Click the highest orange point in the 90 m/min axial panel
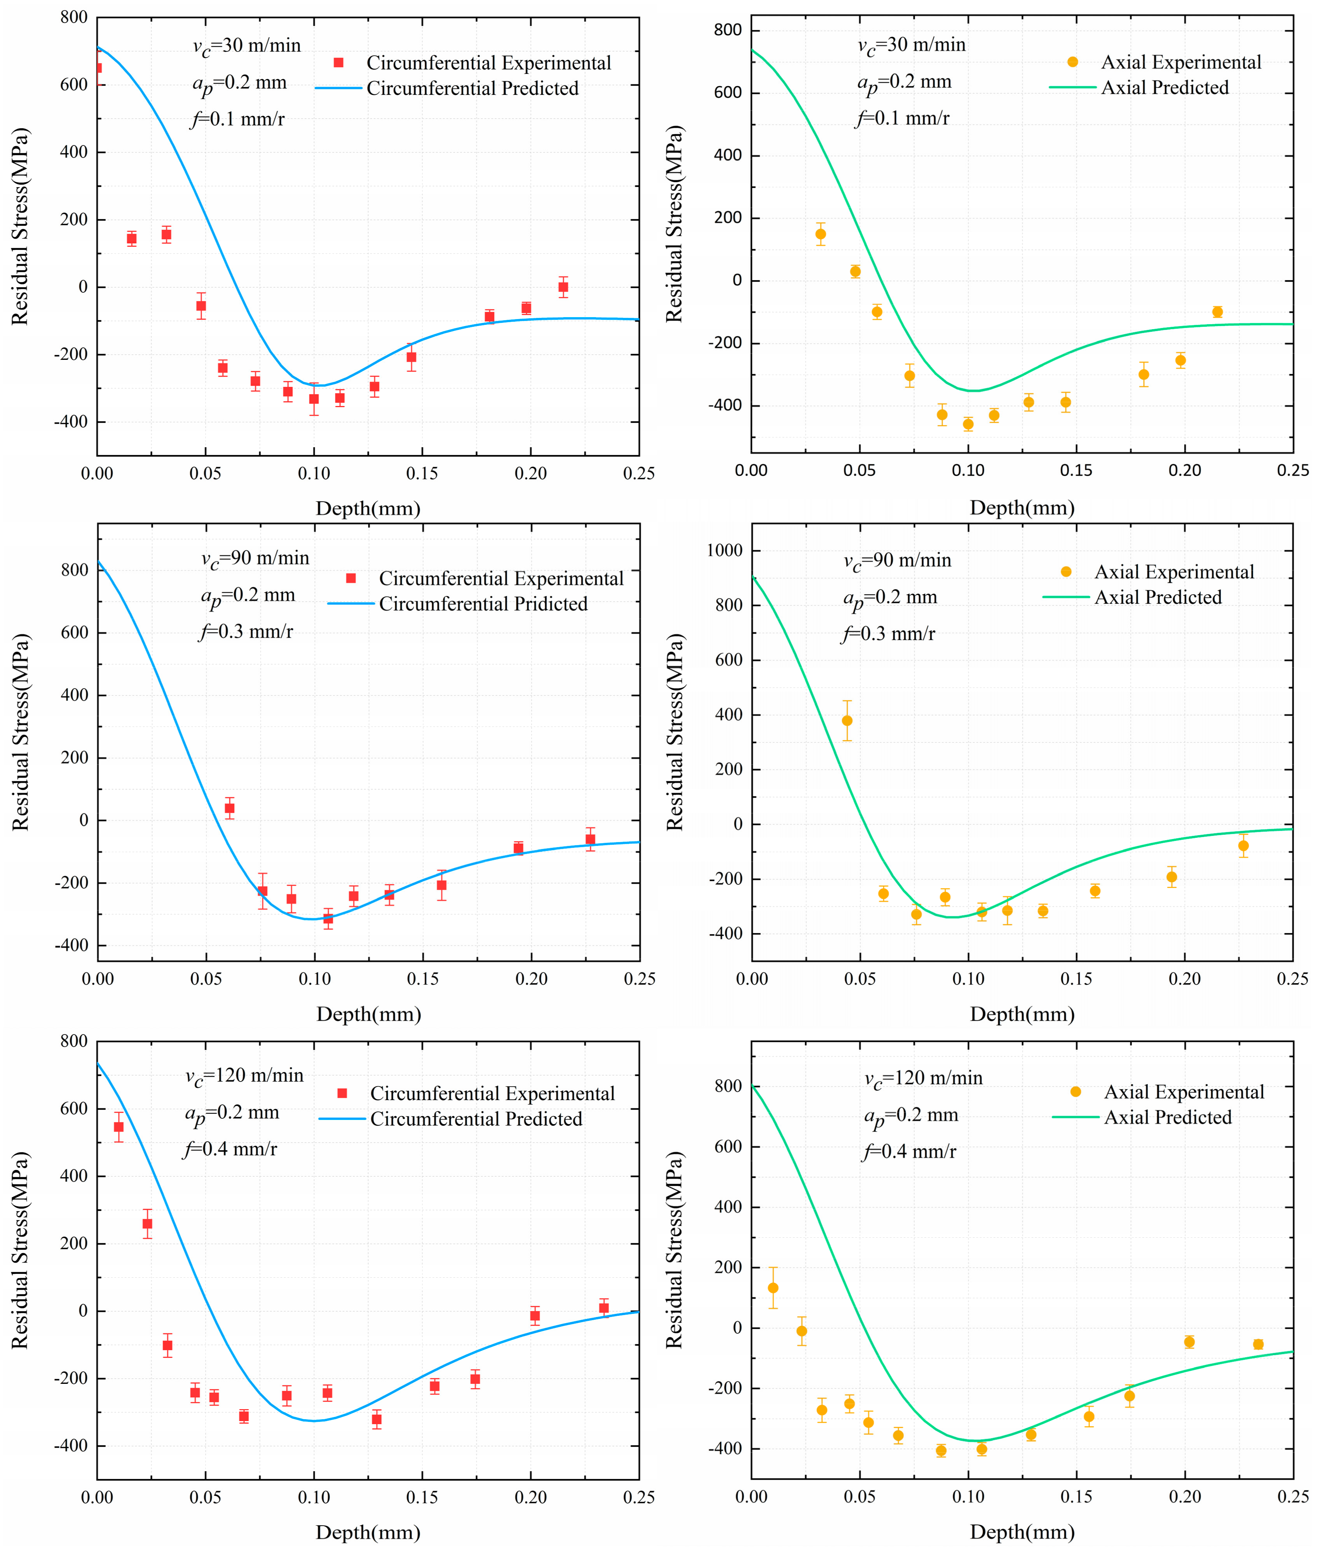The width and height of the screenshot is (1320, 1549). coord(847,720)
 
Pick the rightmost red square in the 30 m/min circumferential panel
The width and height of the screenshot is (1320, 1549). coord(563,287)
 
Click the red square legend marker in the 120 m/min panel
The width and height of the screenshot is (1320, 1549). coord(342,1094)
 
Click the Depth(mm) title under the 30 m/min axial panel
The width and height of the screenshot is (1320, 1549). coord(1022,508)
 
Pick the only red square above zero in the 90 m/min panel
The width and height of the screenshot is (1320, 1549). coord(230,808)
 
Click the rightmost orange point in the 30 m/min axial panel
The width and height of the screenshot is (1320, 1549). coord(1217,312)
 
